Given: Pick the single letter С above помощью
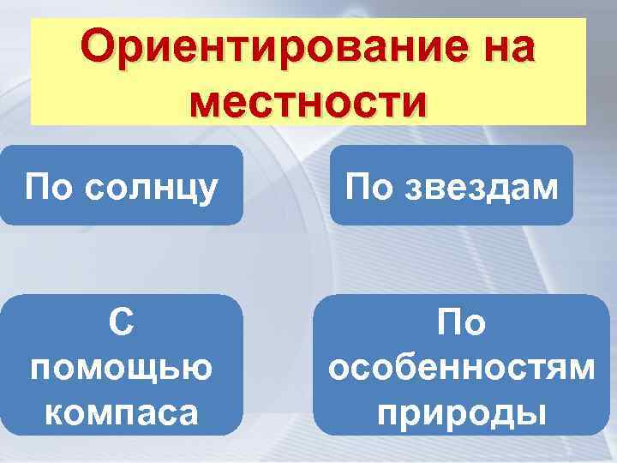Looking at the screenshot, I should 121,323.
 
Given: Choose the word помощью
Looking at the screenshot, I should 121,368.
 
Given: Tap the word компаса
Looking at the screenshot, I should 121,412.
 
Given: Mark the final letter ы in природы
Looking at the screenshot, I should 531,413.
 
